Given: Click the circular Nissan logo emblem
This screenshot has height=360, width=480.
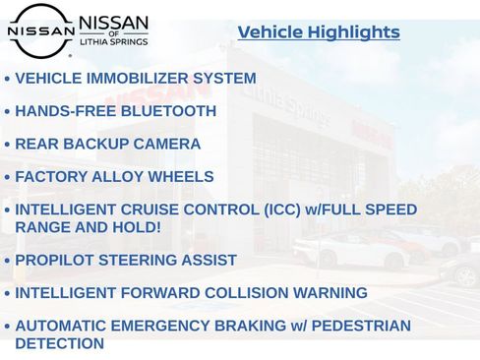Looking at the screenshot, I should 40,30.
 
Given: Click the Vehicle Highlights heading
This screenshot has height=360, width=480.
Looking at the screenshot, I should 319,32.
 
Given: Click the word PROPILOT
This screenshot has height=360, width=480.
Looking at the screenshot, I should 56,261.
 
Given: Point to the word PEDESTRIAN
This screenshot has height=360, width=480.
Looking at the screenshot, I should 359,326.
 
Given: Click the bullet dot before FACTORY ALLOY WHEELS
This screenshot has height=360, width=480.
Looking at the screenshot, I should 7,178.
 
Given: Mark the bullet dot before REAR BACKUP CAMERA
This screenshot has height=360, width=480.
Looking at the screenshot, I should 7,146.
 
